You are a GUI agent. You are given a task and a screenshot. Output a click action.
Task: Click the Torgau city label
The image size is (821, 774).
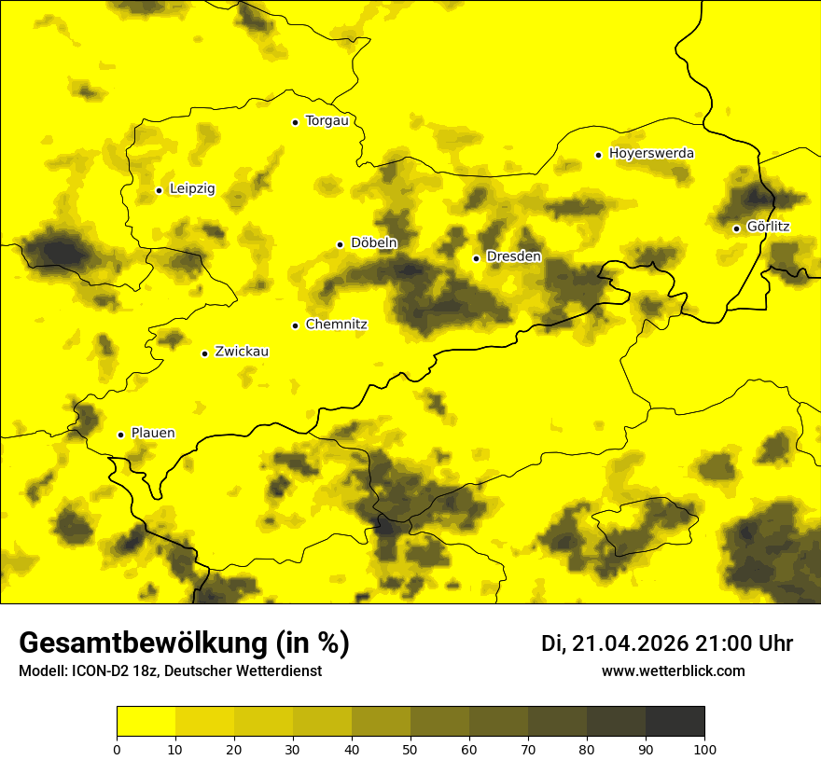pyautogui.click(x=327, y=120)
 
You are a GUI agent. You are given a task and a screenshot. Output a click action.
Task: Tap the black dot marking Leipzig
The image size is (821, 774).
pyautogui.click(x=159, y=190)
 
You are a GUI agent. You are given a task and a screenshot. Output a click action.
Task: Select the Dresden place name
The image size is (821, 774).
pyautogui.click(x=513, y=256)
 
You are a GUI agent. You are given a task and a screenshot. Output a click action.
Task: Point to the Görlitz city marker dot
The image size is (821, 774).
pyautogui.click(x=736, y=228)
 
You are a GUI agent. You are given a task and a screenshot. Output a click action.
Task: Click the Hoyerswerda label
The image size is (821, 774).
pyautogui.click(x=651, y=153)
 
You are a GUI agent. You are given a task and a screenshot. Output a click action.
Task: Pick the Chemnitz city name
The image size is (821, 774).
pyautogui.click(x=336, y=325)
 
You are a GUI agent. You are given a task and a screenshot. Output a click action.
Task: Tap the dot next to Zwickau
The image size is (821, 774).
pyautogui.click(x=204, y=353)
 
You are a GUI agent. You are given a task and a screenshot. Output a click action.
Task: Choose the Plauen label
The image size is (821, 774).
pyautogui.click(x=152, y=434)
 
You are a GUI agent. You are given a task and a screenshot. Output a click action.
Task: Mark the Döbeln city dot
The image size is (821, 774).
pyautogui.click(x=340, y=244)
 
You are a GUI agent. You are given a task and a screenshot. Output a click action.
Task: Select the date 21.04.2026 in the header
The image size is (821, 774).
pyautogui.click(x=630, y=643)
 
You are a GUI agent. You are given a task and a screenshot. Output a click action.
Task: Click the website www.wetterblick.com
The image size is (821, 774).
pyautogui.click(x=673, y=671)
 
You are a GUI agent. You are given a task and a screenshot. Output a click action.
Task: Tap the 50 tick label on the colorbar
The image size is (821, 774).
pyautogui.click(x=410, y=748)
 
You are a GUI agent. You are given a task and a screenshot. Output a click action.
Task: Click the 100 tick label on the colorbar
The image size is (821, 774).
pyautogui.click(x=704, y=748)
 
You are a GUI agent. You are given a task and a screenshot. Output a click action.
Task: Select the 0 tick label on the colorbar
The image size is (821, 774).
pyautogui.click(x=117, y=748)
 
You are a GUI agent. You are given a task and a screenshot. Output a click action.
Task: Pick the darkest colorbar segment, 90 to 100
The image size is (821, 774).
pyautogui.click(x=675, y=722)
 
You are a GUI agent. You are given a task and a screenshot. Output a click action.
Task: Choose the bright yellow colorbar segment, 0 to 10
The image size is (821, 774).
pyautogui.click(x=146, y=722)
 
